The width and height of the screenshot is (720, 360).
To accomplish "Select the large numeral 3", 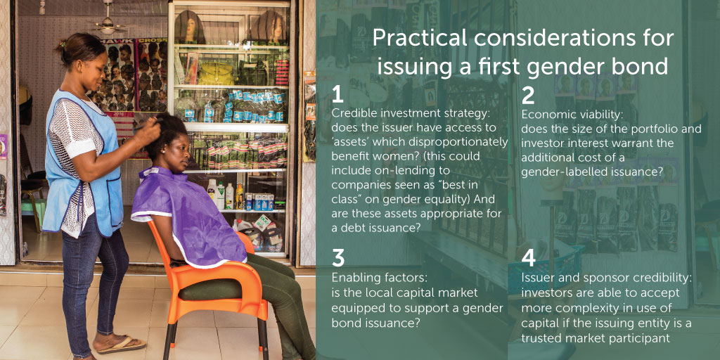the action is (x=338, y=258).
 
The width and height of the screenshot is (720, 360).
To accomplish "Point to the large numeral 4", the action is (x=529, y=258).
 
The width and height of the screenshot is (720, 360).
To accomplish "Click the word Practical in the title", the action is (x=411, y=39).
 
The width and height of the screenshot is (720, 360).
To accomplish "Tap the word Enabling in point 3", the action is (x=352, y=278).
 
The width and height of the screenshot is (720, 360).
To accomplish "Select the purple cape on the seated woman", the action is (x=191, y=216).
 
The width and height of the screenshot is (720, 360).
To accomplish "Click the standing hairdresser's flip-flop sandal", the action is (x=122, y=345).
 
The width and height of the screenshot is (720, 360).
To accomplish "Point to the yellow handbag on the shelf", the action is (x=216, y=73).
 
